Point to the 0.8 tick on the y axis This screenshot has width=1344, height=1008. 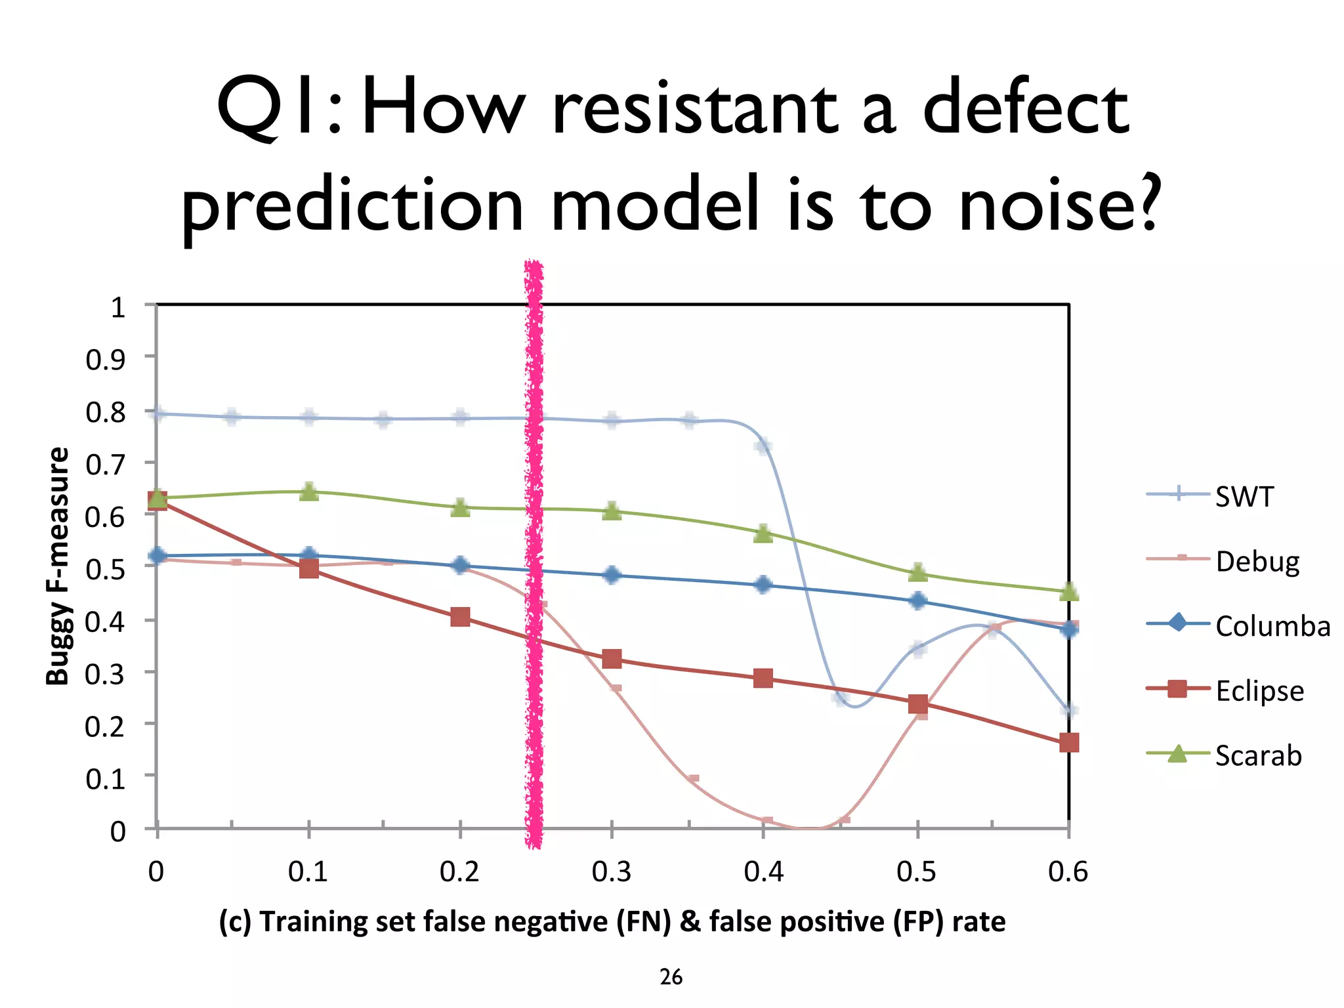tap(106, 412)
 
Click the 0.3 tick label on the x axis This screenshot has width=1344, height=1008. tap(611, 871)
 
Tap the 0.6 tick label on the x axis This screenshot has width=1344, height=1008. tap(1068, 871)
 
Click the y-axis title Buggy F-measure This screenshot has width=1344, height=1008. tap(58, 566)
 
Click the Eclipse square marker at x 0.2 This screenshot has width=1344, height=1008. tap(460, 617)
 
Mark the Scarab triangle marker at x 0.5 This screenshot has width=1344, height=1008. tap(918, 572)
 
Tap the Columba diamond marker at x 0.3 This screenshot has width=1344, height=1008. tap(612, 576)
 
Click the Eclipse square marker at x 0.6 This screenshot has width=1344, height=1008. tap(1069, 743)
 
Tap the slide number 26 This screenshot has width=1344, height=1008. tap(671, 977)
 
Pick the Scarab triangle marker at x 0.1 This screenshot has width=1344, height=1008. tap(309, 492)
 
